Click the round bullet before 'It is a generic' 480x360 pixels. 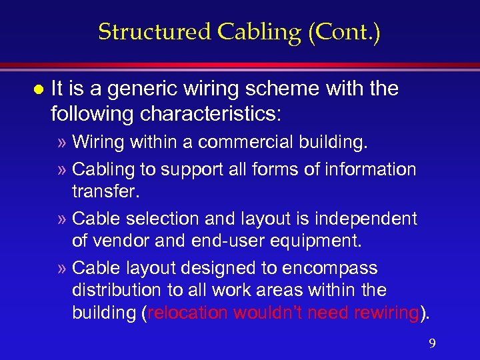(x=37, y=89)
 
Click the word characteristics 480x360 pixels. (x=210, y=113)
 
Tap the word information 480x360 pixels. (x=369, y=169)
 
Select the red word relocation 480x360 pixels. (x=184, y=313)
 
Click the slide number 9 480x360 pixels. (x=432, y=343)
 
